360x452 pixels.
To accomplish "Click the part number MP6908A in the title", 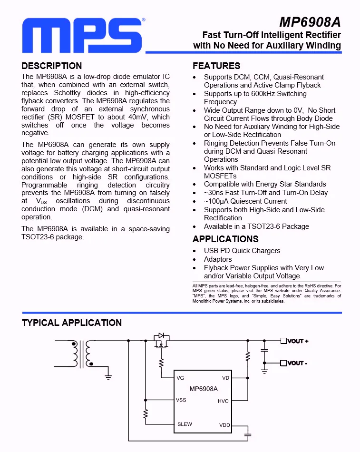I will (x=310, y=22).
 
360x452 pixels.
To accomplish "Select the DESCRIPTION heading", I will (x=52, y=66).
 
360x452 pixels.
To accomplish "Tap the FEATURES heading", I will (x=216, y=66).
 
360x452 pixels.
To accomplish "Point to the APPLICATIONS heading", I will (x=225, y=239).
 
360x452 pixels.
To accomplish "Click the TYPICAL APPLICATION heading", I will (x=72, y=323).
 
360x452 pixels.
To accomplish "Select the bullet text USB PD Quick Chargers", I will (x=242, y=251).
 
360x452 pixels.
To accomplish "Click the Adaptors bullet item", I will (x=218, y=259).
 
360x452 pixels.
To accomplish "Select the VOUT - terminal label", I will (x=297, y=363).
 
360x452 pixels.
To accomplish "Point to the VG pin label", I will (x=180, y=378).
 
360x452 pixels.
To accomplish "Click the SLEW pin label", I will (x=185, y=424).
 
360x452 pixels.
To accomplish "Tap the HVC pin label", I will (x=223, y=401).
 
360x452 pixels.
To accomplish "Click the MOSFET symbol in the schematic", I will (x=162, y=342).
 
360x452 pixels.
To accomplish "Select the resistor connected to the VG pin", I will (x=161, y=364).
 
